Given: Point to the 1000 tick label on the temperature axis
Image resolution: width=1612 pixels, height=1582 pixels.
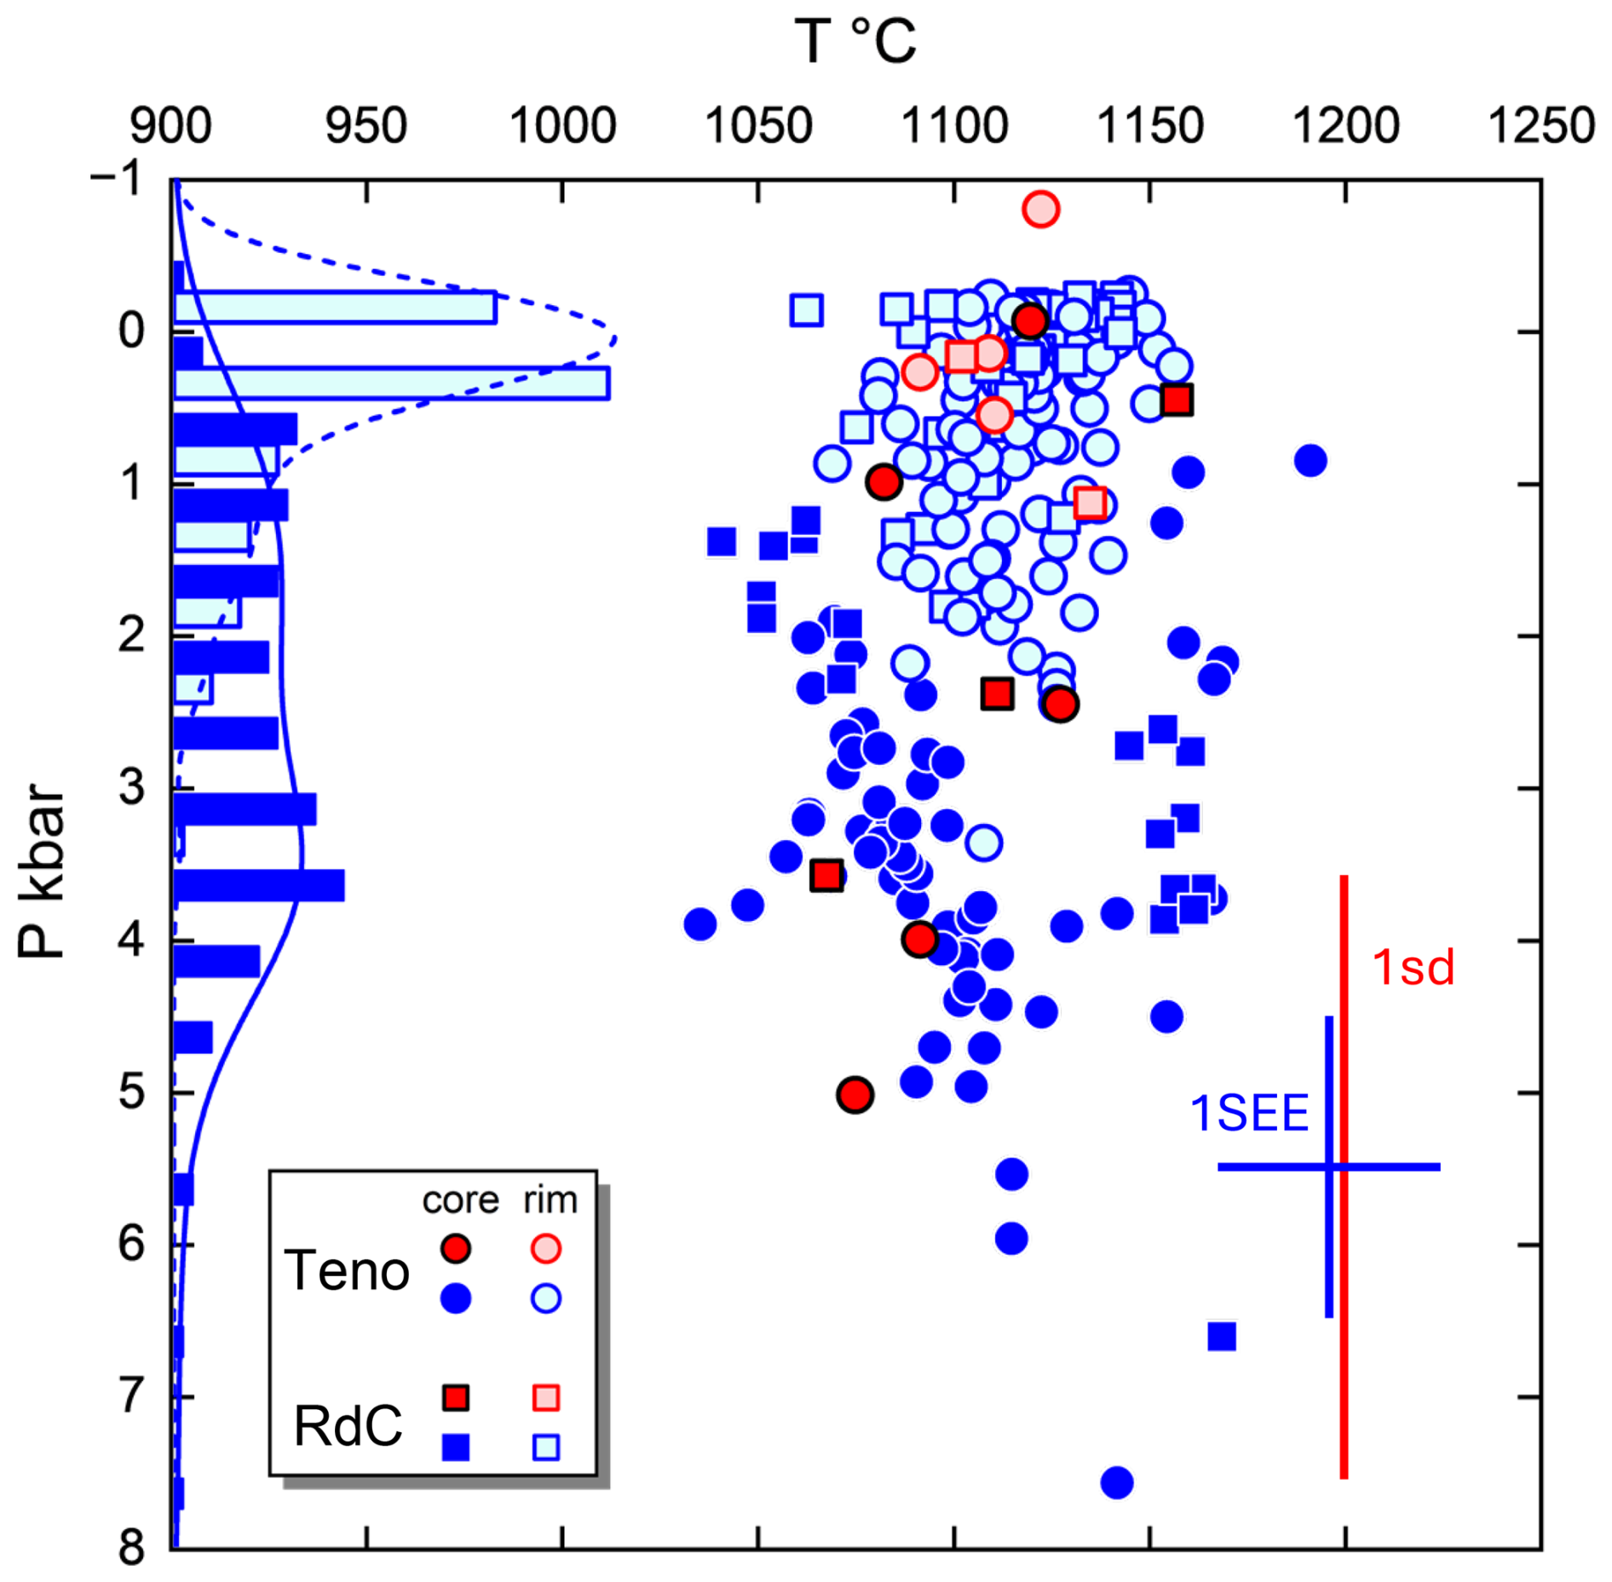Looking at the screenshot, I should pyautogui.click(x=561, y=126).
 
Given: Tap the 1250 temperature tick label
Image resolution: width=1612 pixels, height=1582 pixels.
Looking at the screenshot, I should pyautogui.click(x=1540, y=126).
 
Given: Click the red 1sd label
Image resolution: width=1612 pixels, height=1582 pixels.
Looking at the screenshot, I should pyautogui.click(x=1413, y=968).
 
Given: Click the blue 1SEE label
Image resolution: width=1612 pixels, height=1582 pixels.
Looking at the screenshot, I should pyautogui.click(x=1249, y=1113).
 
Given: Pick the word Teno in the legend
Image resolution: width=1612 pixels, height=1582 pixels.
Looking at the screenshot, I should pyautogui.click(x=347, y=1271).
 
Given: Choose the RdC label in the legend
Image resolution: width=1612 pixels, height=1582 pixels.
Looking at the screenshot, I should pyautogui.click(x=348, y=1426).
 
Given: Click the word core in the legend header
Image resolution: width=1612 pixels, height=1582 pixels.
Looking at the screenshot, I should pyautogui.click(x=460, y=1200).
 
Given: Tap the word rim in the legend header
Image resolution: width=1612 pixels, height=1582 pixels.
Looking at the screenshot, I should pyautogui.click(x=550, y=1200).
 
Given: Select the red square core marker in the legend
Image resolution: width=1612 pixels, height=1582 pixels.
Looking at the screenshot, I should pyautogui.click(x=456, y=1398).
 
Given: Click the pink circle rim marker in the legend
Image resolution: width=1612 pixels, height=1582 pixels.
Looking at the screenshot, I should pyautogui.click(x=545, y=1249).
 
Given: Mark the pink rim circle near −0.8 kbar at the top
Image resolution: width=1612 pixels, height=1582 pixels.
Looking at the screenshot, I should pyautogui.click(x=1040, y=209).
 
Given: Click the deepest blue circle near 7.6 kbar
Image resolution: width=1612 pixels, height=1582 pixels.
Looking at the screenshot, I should pyautogui.click(x=1116, y=1482).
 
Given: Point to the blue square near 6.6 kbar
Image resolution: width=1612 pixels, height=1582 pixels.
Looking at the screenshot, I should pyautogui.click(x=1222, y=1337).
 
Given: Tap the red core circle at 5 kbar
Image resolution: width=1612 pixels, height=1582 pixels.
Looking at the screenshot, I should pyautogui.click(x=855, y=1095).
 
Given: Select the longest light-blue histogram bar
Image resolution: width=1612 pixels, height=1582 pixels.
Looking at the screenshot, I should pyautogui.click(x=392, y=383).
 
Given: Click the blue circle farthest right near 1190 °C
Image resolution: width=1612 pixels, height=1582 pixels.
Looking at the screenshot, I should pyautogui.click(x=1310, y=461).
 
